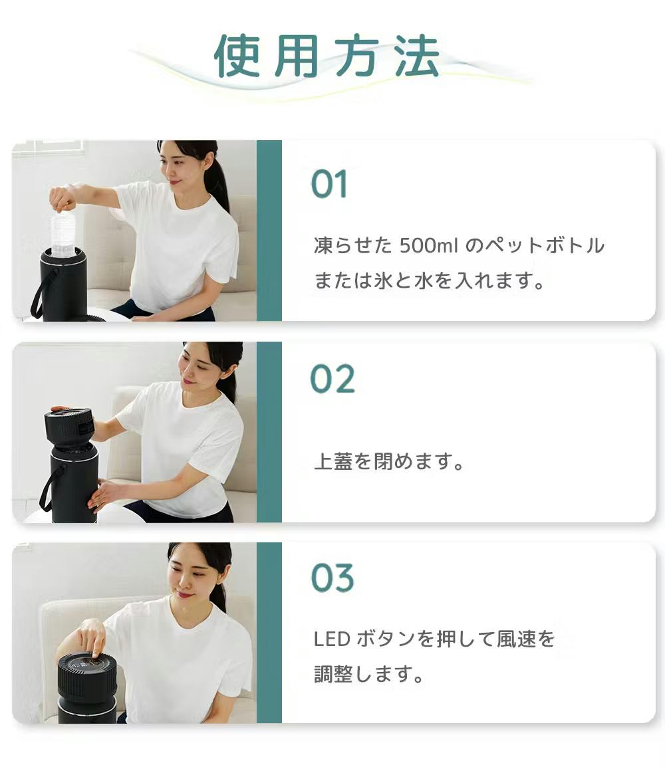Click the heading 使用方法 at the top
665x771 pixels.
327,56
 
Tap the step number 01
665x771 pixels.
329,185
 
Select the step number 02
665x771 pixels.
332,380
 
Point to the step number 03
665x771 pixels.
332,578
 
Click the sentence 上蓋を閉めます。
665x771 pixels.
389,462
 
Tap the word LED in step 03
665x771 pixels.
331,640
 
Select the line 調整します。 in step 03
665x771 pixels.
369,675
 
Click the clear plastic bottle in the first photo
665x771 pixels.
64,233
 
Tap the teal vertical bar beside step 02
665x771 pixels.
269,432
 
